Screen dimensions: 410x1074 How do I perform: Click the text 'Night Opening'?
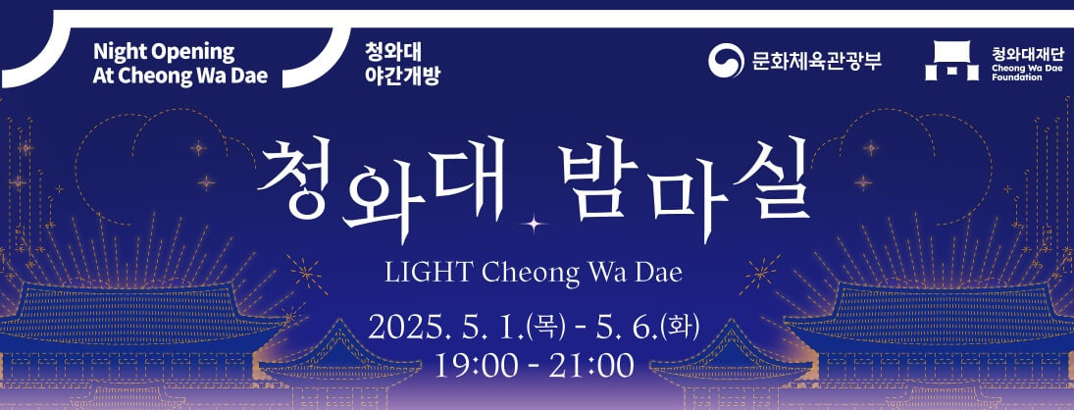point(164,52)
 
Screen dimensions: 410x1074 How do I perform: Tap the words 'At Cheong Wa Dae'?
point(179,76)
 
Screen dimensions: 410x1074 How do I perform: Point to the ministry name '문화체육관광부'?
point(817,61)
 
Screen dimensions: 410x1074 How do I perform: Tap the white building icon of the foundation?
point(949,61)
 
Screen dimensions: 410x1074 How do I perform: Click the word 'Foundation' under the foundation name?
point(1014,77)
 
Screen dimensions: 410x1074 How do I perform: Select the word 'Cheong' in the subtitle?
point(532,272)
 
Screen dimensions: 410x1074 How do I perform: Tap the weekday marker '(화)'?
point(679,325)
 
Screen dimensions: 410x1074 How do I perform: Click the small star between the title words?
point(535,225)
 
